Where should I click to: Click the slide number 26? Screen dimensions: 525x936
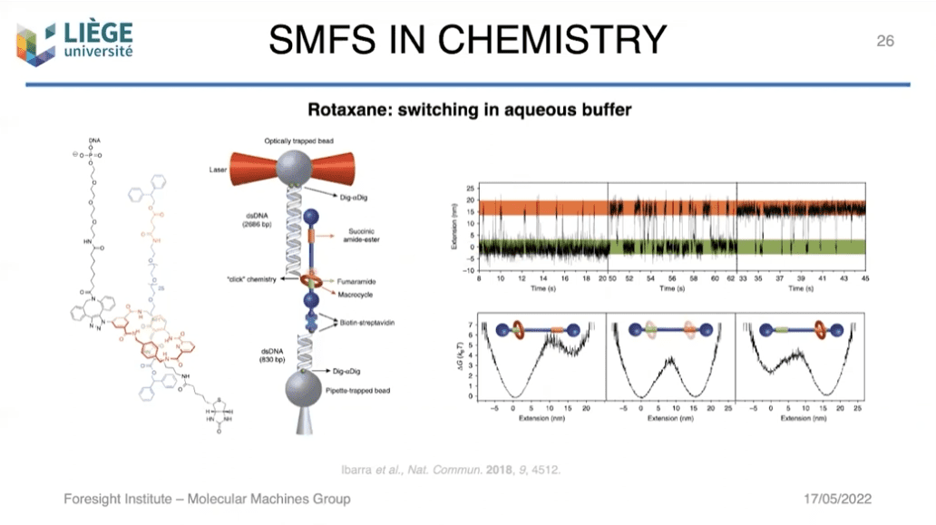884,41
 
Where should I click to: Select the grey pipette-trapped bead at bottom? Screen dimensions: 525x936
299,391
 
